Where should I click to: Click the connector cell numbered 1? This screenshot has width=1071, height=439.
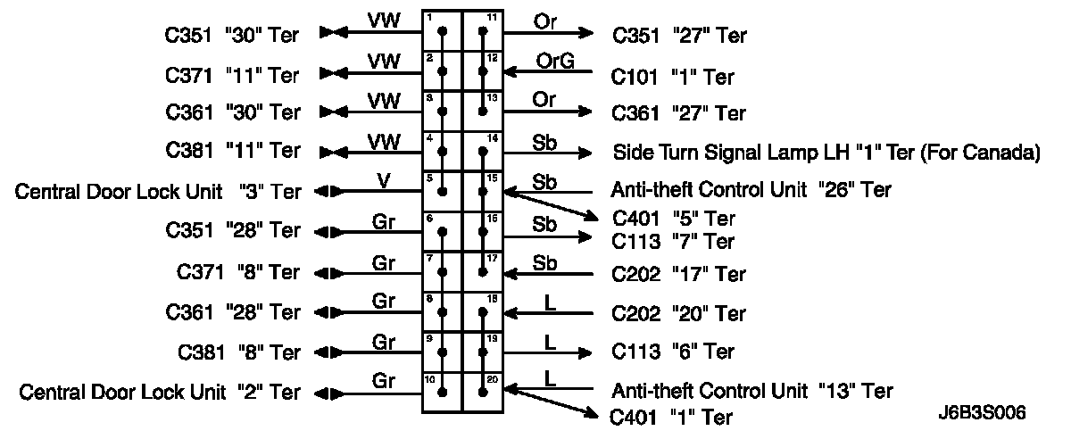click(442, 31)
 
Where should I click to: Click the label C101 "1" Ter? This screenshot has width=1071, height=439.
click(672, 78)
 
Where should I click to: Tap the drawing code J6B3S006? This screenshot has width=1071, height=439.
click(982, 413)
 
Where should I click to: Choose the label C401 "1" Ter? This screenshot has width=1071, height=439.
click(671, 417)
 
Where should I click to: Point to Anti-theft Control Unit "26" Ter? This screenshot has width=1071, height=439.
click(751, 190)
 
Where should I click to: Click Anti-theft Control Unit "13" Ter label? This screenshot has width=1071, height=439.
click(751, 391)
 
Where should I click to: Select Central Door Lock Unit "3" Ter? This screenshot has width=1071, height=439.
click(158, 192)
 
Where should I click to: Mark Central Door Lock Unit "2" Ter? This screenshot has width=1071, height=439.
click(160, 393)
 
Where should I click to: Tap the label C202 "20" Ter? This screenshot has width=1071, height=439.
click(678, 313)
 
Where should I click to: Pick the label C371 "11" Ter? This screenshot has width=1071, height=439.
click(233, 74)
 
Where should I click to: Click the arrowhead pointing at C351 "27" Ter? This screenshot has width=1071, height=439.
click(585, 34)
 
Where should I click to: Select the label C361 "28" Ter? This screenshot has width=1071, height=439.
click(233, 313)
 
